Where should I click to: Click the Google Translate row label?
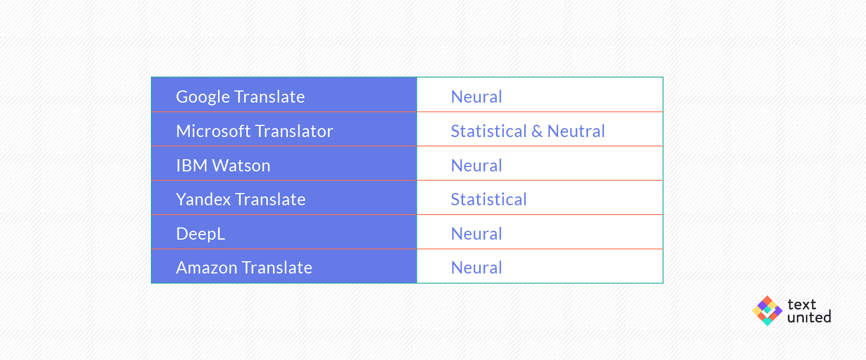tap(240, 97)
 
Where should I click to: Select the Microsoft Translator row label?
tap(255, 131)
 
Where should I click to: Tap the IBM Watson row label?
tap(223, 165)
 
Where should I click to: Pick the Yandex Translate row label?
tap(240, 200)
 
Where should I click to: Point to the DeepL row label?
tap(200, 234)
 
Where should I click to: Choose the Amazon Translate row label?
tap(244, 267)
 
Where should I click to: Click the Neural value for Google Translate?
tap(477, 97)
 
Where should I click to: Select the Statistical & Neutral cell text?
tap(528, 131)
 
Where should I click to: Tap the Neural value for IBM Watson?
tap(477, 165)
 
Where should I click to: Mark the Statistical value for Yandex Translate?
tap(489, 200)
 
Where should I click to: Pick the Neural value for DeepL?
tap(477, 234)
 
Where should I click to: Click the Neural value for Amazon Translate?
tap(477, 267)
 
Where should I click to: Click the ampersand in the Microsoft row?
tap(537, 131)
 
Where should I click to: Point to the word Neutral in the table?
tap(576, 131)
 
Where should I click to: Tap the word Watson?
tap(241, 165)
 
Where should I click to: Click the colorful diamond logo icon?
tap(767, 311)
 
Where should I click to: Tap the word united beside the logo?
tap(809, 317)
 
